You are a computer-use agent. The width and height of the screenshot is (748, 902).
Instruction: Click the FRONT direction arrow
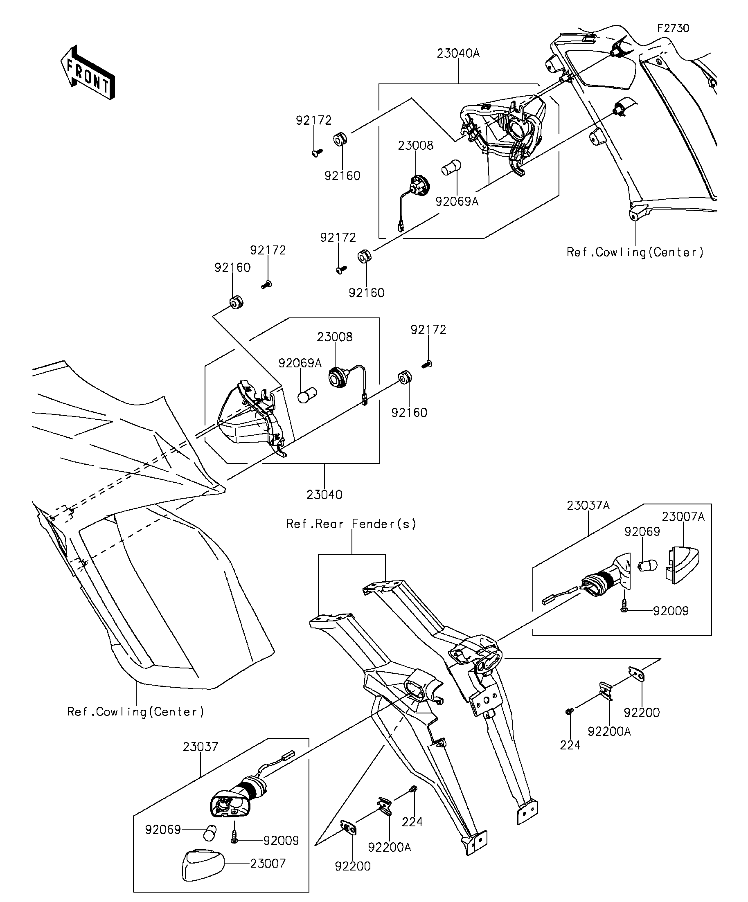tap(88, 72)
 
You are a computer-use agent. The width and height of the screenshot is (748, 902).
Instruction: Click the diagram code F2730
tap(673, 28)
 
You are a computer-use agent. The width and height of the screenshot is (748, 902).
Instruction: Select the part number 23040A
tap(458, 54)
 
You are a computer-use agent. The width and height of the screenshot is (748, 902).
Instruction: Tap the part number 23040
tap(324, 495)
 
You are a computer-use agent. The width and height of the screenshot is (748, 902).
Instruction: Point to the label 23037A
tap(588, 506)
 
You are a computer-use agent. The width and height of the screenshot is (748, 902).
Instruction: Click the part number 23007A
tap(683, 517)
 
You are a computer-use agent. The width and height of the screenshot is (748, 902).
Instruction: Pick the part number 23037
tap(201, 747)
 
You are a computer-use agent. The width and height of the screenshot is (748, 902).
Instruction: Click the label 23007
tap(268, 863)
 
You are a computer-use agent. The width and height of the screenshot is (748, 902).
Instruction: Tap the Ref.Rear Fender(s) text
tap(351, 524)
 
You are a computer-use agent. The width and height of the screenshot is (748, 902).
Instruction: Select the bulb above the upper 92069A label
tap(452, 166)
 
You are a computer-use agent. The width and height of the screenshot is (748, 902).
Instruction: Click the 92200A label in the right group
tap(609, 731)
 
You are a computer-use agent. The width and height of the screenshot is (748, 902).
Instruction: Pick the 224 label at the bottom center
tap(412, 822)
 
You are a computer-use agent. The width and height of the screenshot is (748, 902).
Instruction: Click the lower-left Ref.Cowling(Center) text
tap(136, 712)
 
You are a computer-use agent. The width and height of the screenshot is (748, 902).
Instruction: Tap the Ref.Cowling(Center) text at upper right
tap(635, 252)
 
